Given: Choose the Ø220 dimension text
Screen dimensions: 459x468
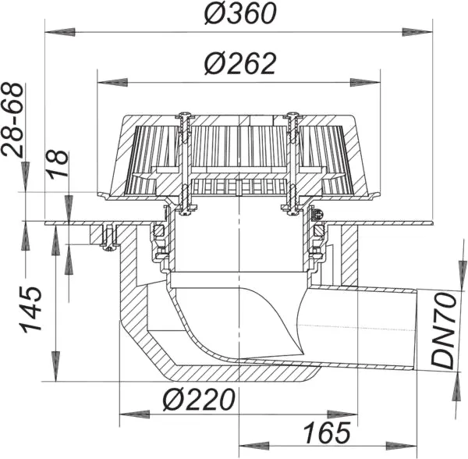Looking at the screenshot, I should tap(199, 400).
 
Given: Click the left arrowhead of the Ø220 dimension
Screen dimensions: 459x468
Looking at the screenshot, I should tap(126, 414).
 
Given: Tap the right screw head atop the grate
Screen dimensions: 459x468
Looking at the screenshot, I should tap(293, 119).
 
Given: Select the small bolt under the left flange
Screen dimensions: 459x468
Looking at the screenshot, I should tap(108, 238).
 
